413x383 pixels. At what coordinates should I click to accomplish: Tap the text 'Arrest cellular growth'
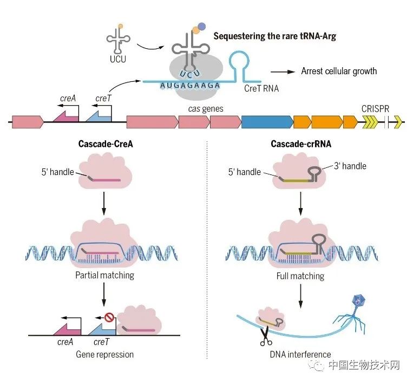[x=331, y=71]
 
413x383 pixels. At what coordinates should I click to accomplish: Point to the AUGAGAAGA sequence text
[x=182, y=85]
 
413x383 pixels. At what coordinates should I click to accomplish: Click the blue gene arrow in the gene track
[x=265, y=122]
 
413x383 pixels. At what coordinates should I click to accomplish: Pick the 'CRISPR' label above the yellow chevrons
[x=375, y=108]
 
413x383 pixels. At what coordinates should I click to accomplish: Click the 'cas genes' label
[x=206, y=109]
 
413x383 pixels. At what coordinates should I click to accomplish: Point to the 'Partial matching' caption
[x=105, y=275]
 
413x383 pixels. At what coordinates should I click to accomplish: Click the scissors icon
[x=265, y=337]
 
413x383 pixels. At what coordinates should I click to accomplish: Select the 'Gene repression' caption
[x=105, y=355]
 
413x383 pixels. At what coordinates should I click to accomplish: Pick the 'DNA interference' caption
[x=300, y=355]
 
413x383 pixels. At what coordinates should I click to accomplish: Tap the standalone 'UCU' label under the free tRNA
[x=117, y=59]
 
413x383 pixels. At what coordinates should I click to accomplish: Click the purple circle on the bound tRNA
[x=201, y=25]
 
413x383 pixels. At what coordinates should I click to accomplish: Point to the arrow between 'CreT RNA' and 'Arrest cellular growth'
[x=282, y=72]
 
